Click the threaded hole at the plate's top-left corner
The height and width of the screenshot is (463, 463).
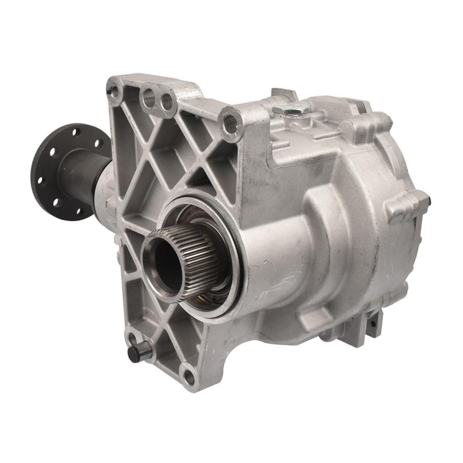click(114, 89)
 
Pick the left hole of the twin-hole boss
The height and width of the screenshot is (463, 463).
click(148, 96)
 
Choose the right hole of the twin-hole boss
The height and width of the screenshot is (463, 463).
click(166, 102)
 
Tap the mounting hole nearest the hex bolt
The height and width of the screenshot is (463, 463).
click(231, 123)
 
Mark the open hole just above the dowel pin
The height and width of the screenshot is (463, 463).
click(132, 337)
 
